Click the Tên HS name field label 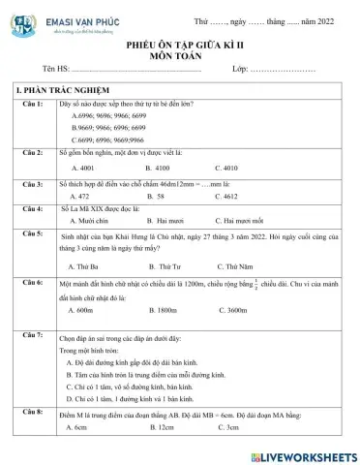(57, 73)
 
